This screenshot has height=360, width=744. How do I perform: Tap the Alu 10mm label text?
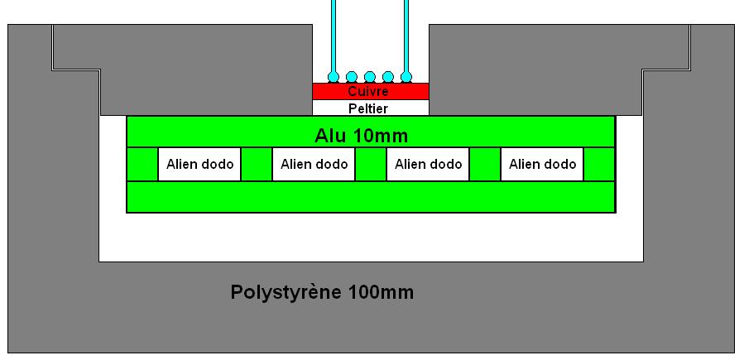[x=362, y=135]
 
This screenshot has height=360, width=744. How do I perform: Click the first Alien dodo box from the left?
[x=199, y=164]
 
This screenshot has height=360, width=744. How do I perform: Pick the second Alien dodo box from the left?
[x=314, y=164]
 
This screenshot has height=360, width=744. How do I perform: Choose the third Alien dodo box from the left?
[x=428, y=164]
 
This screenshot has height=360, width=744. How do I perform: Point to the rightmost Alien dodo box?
[x=542, y=164]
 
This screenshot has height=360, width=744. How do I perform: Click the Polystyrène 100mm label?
[x=322, y=292]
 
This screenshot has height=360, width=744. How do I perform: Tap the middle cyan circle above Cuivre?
[x=370, y=77]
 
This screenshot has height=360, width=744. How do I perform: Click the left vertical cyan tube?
[x=334, y=33]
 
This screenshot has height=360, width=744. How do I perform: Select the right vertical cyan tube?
[x=406, y=33]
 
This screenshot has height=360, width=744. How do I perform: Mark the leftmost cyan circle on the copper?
[x=334, y=77]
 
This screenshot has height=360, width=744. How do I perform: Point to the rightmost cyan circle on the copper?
[x=406, y=77]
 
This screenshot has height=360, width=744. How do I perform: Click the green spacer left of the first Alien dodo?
[x=142, y=164]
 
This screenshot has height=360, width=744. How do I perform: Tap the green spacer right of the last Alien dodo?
[x=599, y=164]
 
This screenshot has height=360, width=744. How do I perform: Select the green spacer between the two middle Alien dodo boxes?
[x=371, y=164]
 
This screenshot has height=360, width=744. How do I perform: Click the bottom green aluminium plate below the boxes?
[x=370, y=196]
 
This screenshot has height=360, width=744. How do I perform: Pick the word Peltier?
[x=369, y=108]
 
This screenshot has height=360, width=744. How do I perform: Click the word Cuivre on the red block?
[x=369, y=91]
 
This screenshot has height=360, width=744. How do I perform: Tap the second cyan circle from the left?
[x=352, y=77]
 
